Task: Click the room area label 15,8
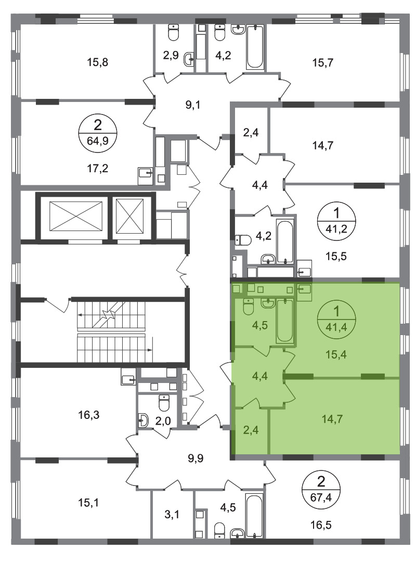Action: coord(97,63)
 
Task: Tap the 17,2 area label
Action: coord(97,168)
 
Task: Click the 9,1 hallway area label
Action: coord(193,105)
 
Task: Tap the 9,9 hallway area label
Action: coord(196,458)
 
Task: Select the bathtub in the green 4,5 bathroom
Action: coord(285,320)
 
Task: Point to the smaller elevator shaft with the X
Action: coord(129,216)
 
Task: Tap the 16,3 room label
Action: coord(89,415)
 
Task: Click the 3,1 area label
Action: coord(173,515)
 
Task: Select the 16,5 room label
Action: coord(321,526)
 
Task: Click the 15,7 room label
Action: coord(323,63)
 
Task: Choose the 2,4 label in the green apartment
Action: coord(251,429)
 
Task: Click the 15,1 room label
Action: coord(89,503)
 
